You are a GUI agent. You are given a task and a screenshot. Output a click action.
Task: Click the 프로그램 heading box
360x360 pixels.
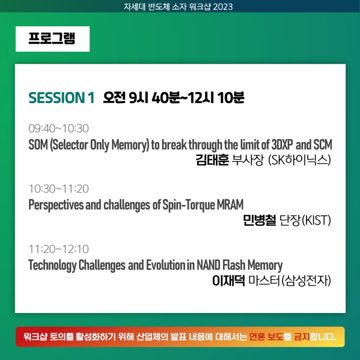pos(53,39)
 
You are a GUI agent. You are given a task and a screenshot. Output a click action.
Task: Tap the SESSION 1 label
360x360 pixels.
pos(61,97)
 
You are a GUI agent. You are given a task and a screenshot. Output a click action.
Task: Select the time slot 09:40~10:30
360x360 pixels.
pos(59,128)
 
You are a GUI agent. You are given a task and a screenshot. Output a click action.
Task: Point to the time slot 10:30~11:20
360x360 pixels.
pos(59,189)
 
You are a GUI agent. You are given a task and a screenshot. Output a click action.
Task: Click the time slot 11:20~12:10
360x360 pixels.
pos(59,249)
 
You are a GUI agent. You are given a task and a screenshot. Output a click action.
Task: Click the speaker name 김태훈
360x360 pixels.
pos(212,160)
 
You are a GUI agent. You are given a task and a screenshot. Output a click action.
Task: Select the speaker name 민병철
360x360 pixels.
pos(259,220)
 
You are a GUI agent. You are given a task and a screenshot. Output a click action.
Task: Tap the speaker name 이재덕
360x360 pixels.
pos(228,281)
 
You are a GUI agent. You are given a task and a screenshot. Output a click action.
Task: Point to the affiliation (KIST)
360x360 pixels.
pos(316,220)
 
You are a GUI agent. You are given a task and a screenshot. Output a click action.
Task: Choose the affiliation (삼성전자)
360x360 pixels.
pos(306,281)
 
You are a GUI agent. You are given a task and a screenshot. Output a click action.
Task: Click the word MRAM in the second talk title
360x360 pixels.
pos(230,204)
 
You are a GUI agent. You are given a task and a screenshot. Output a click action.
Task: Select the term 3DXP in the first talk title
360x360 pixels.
pos(282,144)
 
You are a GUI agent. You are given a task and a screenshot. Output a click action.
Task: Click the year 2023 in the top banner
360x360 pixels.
pos(223,7)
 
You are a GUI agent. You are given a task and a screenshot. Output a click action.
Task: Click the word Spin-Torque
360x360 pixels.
pos(189,205)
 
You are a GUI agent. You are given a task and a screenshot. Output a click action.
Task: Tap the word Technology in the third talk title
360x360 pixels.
pos(52,265)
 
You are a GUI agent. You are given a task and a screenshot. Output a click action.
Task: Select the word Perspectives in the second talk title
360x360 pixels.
pos(56,205)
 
